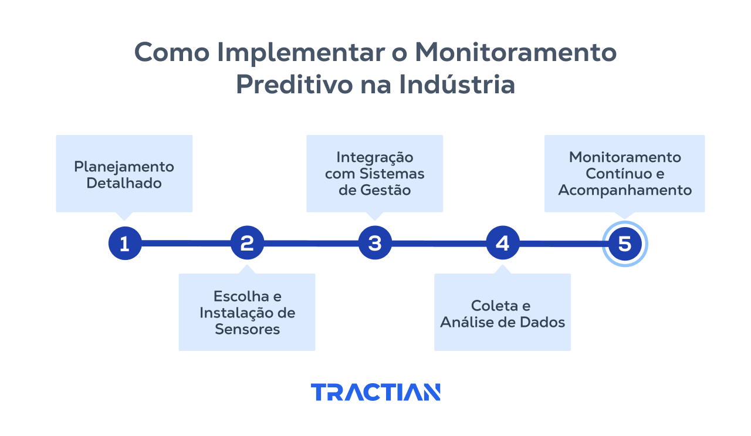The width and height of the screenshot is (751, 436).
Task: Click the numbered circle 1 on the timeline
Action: (x=125, y=243)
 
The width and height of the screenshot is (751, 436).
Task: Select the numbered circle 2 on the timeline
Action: (x=247, y=243)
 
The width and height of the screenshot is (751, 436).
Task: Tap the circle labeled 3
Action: (x=375, y=243)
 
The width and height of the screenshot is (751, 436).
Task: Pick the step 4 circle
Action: (x=503, y=243)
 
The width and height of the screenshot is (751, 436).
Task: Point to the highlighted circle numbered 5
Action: (x=625, y=244)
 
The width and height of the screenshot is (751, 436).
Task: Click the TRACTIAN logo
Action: (x=375, y=392)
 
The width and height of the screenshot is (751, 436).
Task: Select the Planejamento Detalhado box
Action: (x=124, y=174)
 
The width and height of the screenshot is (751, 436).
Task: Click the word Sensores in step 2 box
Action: (x=247, y=329)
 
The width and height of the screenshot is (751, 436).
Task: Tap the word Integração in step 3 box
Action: (x=374, y=157)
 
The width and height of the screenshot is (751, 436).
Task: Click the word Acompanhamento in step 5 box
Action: (x=625, y=190)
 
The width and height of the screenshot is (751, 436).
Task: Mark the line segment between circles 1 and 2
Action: (x=186, y=243)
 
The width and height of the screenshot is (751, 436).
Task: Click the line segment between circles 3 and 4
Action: (x=439, y=243)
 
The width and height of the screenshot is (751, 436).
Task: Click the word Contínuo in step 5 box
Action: (x=614, y=174)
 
